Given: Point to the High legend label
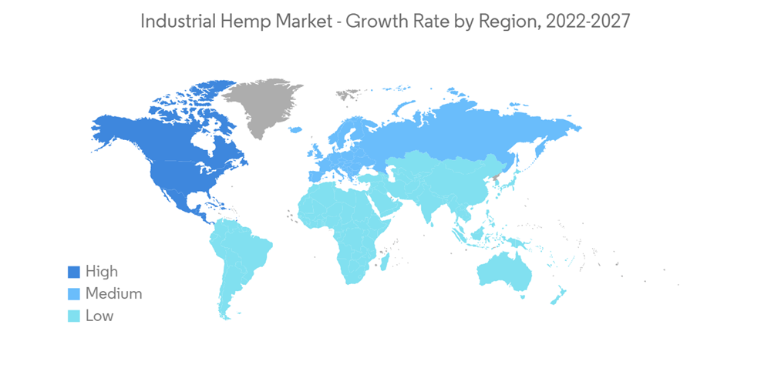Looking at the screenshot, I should coord(101,272).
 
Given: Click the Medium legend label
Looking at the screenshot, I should coord(113,293).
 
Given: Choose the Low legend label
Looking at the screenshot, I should coord(99,316).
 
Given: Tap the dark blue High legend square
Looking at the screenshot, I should coord(74,272).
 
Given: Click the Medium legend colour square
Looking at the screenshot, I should coord(74,293).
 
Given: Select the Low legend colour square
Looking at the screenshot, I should coord(74,316).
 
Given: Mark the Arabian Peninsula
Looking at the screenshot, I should coord(385,196).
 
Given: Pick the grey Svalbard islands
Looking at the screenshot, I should coord(348,94).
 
